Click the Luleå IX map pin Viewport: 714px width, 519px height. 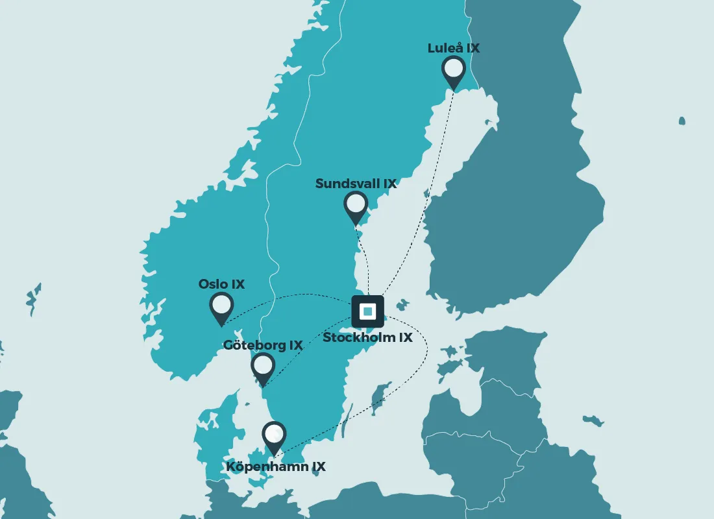click(x=453, y=70)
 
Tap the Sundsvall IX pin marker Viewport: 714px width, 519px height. click(x=356, y=206)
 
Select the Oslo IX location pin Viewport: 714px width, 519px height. click(x=221, y=306)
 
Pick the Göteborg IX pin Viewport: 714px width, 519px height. click(x=263, y=367)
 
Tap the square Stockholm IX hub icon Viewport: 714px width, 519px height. click(x=368, y=311)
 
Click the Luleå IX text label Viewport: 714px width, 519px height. click(x=453, y=48)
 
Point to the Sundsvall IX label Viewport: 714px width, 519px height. click(x=356, y=184)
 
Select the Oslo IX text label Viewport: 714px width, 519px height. click(x=221, y=284)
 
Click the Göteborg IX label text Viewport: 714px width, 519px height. click(x=263, y=345)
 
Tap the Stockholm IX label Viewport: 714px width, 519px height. click(x=367, y=338)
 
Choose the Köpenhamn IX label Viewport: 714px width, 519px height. click(x=276, y=466)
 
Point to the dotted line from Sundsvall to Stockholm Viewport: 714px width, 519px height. click(x=366, y=259)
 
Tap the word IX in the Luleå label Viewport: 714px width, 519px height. click(x=472, y=48)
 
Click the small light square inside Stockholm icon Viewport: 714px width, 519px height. click(x=368, y=311)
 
